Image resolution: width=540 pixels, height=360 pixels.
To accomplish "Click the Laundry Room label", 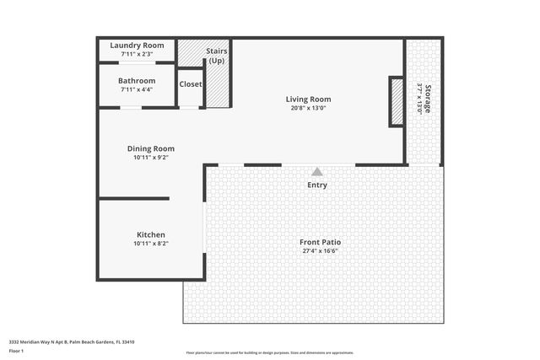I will [x=137, y=46].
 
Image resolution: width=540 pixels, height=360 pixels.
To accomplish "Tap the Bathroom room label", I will [x=137, y=81].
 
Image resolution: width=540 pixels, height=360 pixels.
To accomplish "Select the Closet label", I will [x=191, y=84].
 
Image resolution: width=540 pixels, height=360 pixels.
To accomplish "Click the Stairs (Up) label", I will [x=216, y=56].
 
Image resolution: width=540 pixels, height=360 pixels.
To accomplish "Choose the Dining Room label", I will [x=151, y=148].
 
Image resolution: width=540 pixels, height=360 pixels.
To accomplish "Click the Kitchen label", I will [x=151, y=234].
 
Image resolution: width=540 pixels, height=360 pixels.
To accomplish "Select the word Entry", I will [x=317, y=185].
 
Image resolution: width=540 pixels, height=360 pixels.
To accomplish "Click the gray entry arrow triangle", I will [x=317, y=171].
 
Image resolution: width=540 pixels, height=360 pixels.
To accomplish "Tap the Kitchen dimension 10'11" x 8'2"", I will [x=151, y=244].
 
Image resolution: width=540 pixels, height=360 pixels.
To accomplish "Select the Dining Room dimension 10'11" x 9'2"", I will [x=151, y=158].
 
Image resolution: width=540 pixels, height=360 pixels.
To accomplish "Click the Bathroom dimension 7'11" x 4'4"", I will [x=137, y=89].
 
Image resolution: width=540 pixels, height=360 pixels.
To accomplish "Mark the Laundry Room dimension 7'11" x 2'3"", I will [x=137, y=54].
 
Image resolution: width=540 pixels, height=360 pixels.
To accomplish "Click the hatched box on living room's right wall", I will [x=396, y=102].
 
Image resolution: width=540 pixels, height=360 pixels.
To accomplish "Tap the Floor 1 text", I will [x=17, y=350].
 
